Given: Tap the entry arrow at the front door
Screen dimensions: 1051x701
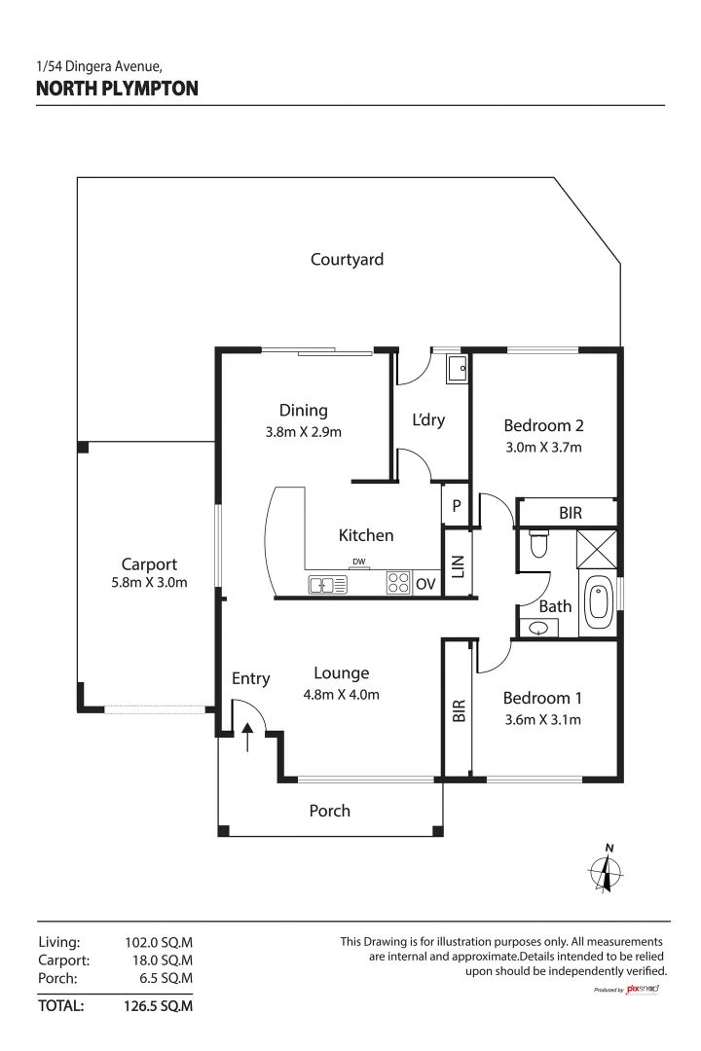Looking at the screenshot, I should [247, 737].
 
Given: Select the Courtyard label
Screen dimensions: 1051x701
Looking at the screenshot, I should [347, 259].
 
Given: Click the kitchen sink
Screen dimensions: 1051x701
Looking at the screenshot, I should [327, 585].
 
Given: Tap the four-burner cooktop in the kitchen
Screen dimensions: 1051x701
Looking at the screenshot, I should [398, 583].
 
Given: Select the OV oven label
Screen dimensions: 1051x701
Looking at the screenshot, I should [425, 585].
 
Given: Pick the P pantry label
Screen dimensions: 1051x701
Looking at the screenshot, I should [456, 506].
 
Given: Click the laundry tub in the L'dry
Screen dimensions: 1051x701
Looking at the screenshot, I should [456, 368].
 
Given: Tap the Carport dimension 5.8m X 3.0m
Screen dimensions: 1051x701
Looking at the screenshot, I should [148, 583].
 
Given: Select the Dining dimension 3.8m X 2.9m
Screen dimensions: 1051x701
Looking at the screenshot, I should [303, 431].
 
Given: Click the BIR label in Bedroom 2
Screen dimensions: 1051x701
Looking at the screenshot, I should [571, 512].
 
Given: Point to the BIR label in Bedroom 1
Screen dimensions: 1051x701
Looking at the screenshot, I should [459, 710].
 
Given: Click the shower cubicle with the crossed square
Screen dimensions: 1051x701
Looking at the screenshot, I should [596, 548].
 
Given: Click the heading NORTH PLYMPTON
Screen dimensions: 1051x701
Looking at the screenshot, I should [117, 90].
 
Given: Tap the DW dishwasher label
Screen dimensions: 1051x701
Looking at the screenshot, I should [359, 562].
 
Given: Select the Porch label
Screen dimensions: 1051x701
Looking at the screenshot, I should [329, 811].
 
